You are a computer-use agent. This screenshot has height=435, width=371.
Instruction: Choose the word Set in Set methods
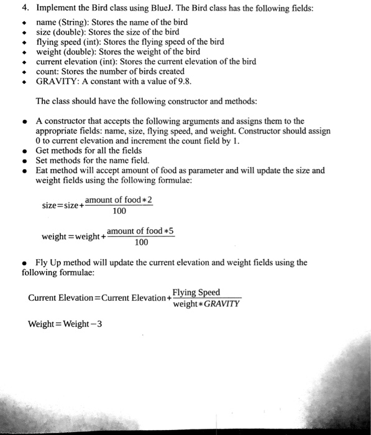tap(44, 160)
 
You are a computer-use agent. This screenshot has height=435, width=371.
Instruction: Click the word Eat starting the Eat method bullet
tap(44, 170)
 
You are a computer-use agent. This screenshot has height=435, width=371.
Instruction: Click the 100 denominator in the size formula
tap(119, 212)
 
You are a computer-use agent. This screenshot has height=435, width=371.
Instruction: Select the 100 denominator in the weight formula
tap(141, 242)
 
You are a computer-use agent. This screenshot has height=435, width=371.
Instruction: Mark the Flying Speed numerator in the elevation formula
tap(196, 292)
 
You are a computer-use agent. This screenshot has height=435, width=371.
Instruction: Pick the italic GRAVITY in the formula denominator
tap(221, 304)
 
